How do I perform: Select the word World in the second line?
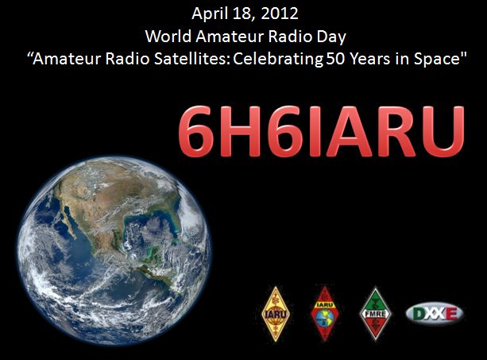point(168,37)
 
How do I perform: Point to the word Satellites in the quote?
point(191,59)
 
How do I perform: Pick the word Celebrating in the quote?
point(278,60)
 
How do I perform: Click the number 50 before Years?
point(335,59)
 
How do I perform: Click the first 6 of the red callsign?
point(196,131)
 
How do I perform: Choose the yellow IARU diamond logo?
point(275,314)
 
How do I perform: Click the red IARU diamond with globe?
point(325,314)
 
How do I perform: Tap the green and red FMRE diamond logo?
point(375,314)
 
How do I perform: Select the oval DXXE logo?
point(435,314)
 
